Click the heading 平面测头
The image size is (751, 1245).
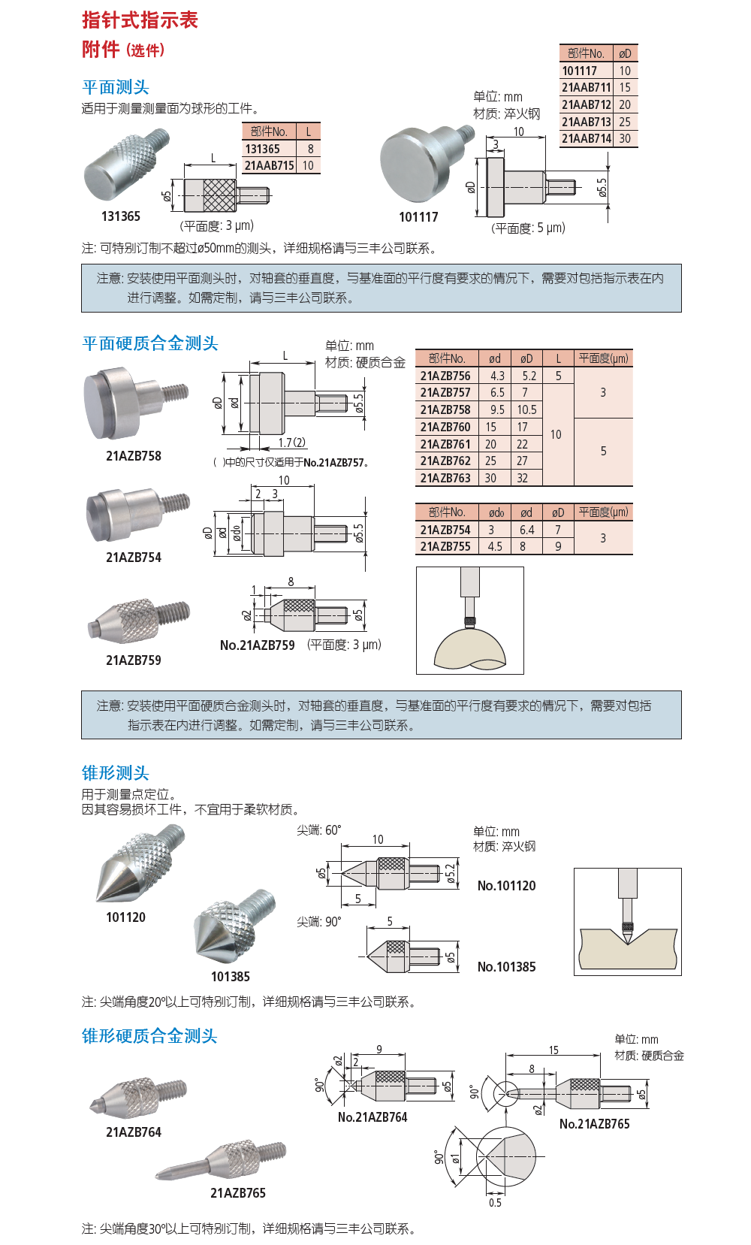tap(116, 87)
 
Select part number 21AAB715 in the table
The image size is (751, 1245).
tap(269, 165)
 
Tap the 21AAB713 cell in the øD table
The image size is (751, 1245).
tap(586, 122)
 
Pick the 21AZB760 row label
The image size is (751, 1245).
tap(445, 427)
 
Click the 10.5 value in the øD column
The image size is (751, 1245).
tap(526, 409)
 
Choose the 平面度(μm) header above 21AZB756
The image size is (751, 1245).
tap(603, 358)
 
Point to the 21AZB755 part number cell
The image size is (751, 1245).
tap(445, 546)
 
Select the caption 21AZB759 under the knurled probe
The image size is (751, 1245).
tap(134, 660)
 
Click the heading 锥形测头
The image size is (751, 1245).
tap(116, 772)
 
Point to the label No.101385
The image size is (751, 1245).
tap(506, 967)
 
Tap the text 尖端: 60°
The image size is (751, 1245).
tap(318, 830)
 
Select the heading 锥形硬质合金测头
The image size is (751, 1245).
tap(149, 1036)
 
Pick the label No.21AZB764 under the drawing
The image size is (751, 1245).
tap(372, 1117)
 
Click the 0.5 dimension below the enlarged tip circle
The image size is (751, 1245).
tap(495, 1203)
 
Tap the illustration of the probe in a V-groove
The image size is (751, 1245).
tap(627, 922)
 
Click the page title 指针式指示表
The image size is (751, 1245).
tap(140, 20)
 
